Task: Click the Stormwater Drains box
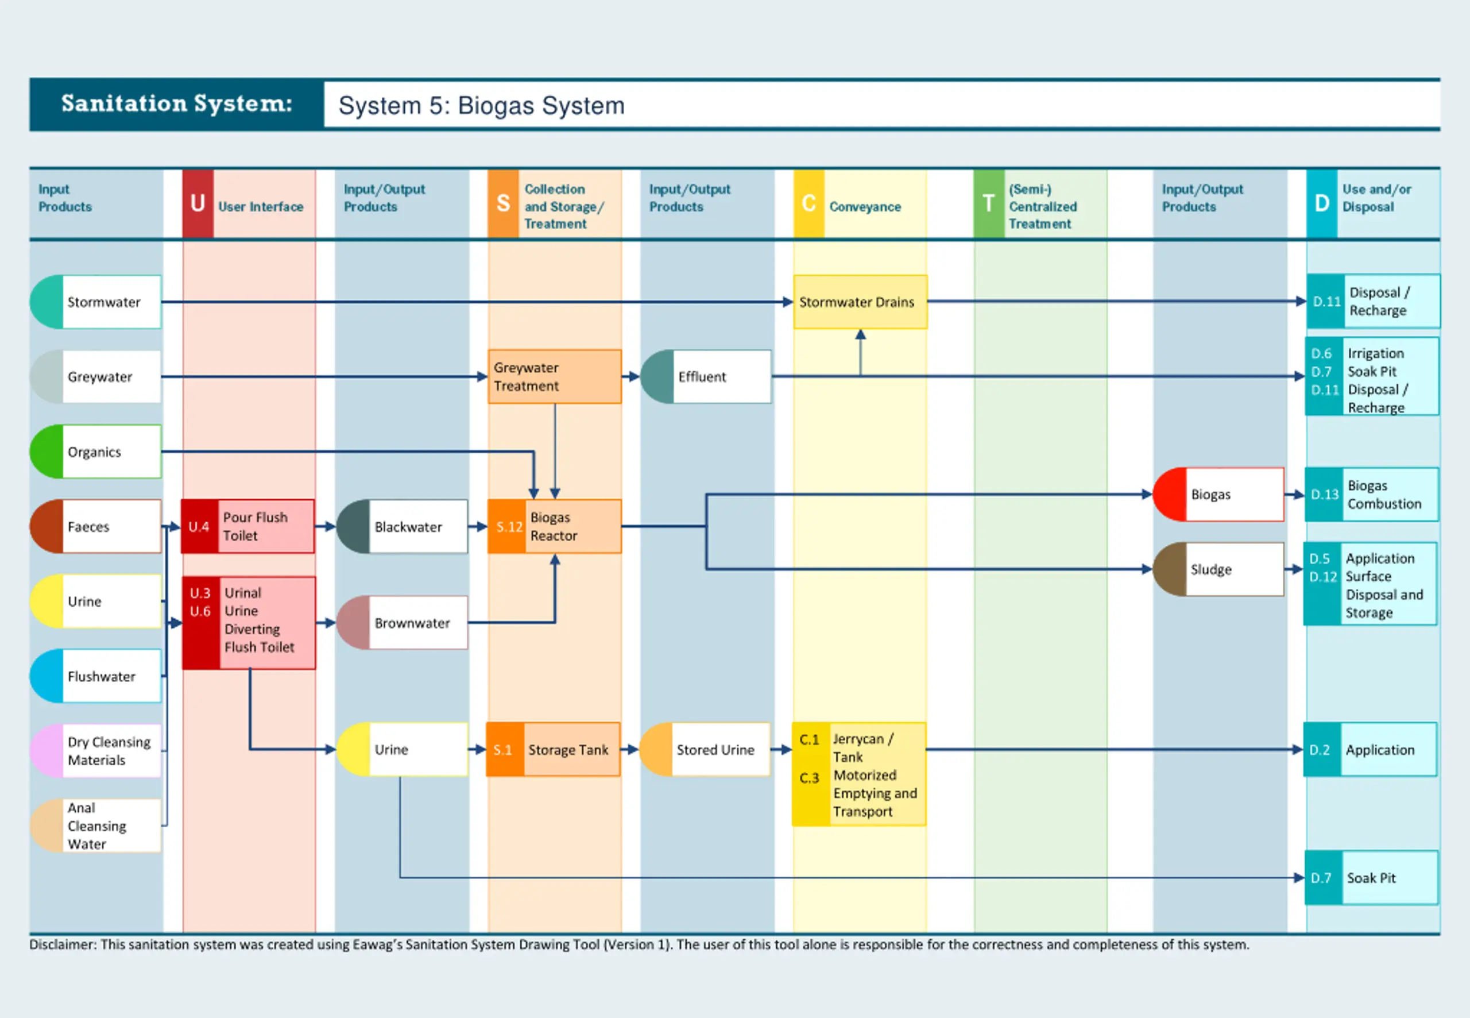(x=860, y=302)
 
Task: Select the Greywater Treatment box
(x=555, y=376)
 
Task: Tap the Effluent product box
(x=706, y=376)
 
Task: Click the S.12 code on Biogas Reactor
(x=509, y=527)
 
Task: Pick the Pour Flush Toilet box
(x=248, y=526)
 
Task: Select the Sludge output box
(x=1218, y=569)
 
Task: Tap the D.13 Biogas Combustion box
(x=1371, y=494)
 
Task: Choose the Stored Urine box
(x=705, y=750)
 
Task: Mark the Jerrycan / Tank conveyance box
(x=858, y=774)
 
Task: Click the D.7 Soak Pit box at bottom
(x=1371, y=878)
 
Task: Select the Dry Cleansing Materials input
(x=96, y=751)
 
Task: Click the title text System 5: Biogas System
(x=481, y=105)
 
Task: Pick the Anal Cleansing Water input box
(x=96, y=826)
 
